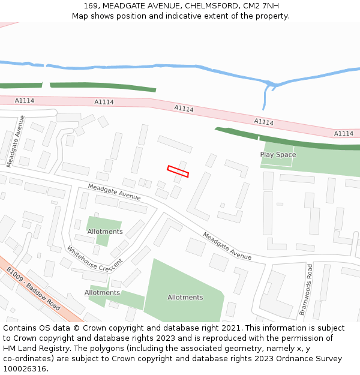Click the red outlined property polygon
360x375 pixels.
pos(178,171)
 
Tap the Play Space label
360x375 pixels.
pos(278,155)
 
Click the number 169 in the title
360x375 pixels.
pos(91,6)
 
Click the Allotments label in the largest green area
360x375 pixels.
pos(185,298)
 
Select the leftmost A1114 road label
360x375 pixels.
pos(24,101)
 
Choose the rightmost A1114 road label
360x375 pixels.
pos(344,133)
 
